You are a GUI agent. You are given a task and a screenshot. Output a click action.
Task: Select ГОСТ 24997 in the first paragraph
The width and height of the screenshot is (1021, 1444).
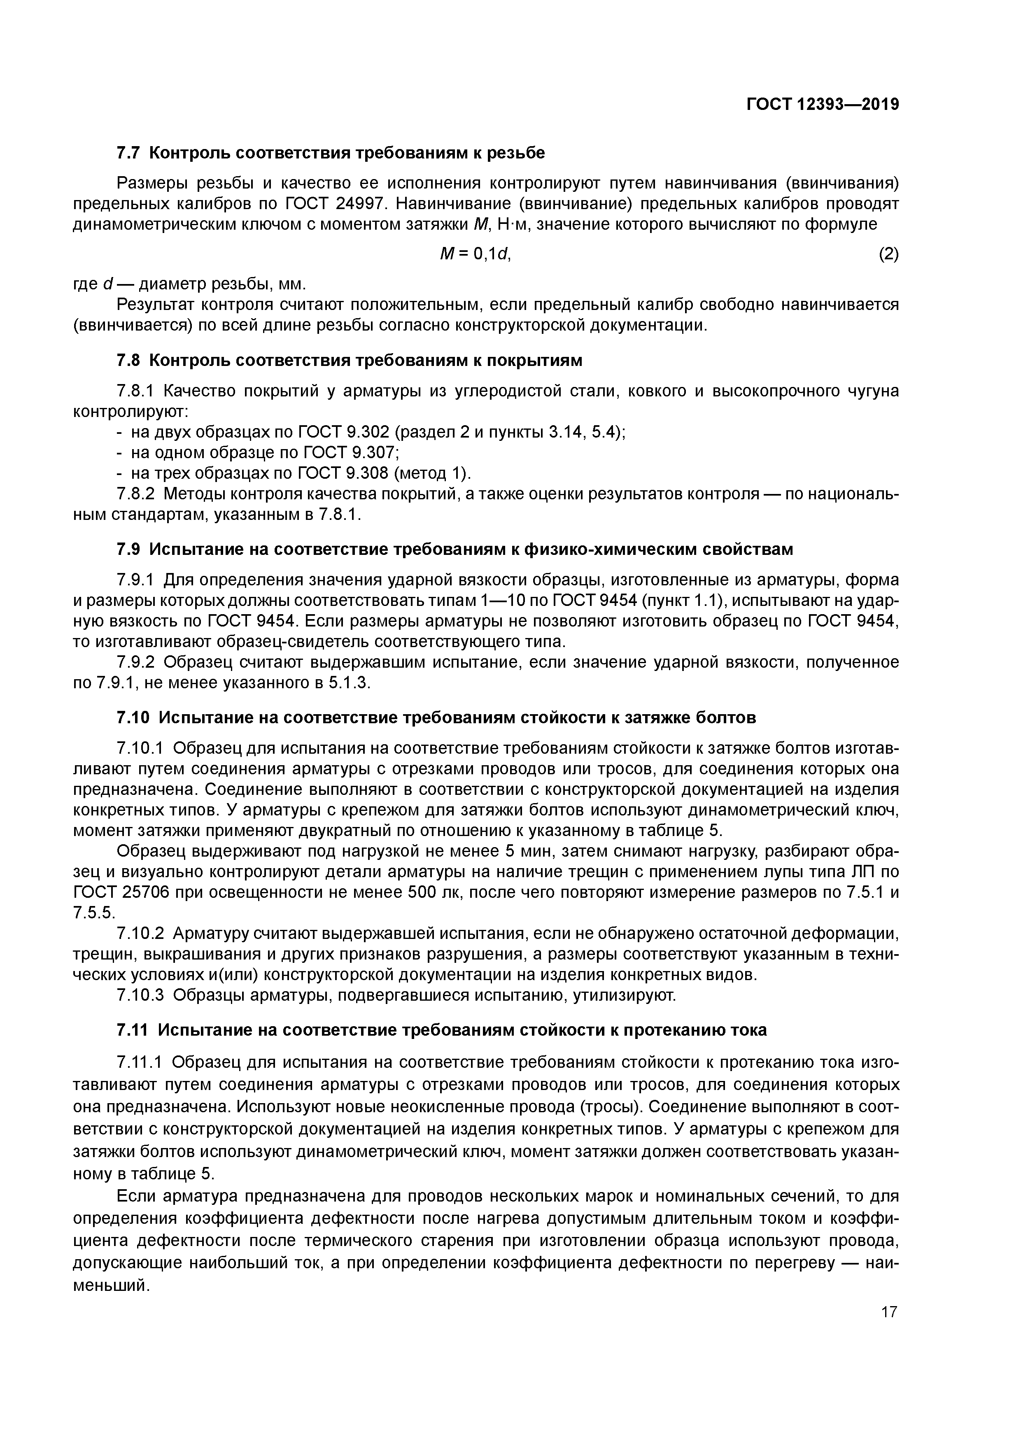click(332, 204)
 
